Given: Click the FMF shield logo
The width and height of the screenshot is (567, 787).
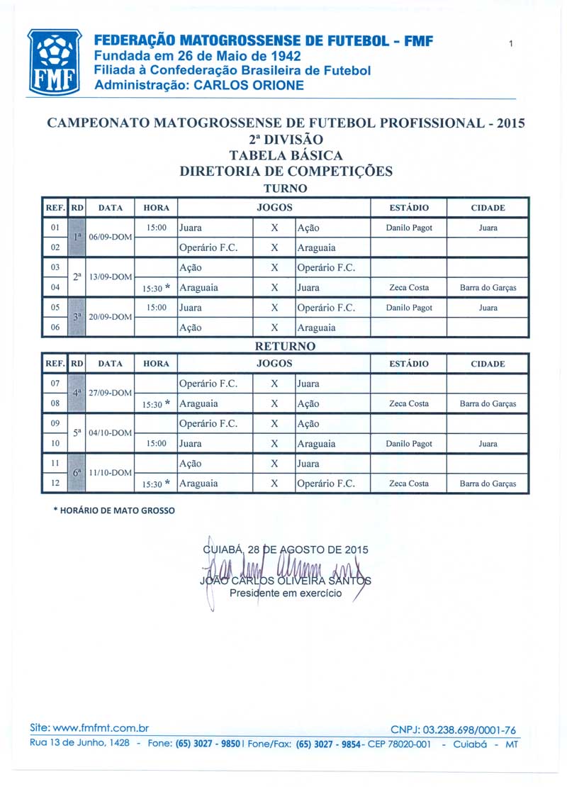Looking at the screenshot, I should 54,62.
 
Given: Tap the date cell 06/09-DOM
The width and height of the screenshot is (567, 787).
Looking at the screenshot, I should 110,237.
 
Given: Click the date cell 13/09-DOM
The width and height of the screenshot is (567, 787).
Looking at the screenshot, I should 110,277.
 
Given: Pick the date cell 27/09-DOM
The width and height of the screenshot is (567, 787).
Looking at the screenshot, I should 110,393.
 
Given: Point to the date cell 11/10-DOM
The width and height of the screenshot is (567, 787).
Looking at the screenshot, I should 110,472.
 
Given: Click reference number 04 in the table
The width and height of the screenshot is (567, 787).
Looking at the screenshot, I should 55,288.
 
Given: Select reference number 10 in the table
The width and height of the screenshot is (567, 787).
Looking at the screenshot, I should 55,444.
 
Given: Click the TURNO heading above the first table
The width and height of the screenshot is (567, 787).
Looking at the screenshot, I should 285,189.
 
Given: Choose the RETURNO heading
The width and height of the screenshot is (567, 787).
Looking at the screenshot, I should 285,347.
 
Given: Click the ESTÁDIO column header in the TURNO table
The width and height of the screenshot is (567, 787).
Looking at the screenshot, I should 409,208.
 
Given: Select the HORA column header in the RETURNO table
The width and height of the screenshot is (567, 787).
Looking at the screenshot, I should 156,364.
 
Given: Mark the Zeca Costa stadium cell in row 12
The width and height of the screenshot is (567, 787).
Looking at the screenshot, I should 409,484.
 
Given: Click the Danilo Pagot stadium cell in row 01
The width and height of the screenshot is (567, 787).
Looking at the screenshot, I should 409,228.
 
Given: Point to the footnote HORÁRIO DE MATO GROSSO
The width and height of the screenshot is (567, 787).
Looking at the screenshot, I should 114,510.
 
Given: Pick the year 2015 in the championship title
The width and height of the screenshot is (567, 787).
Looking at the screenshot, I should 511,123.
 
